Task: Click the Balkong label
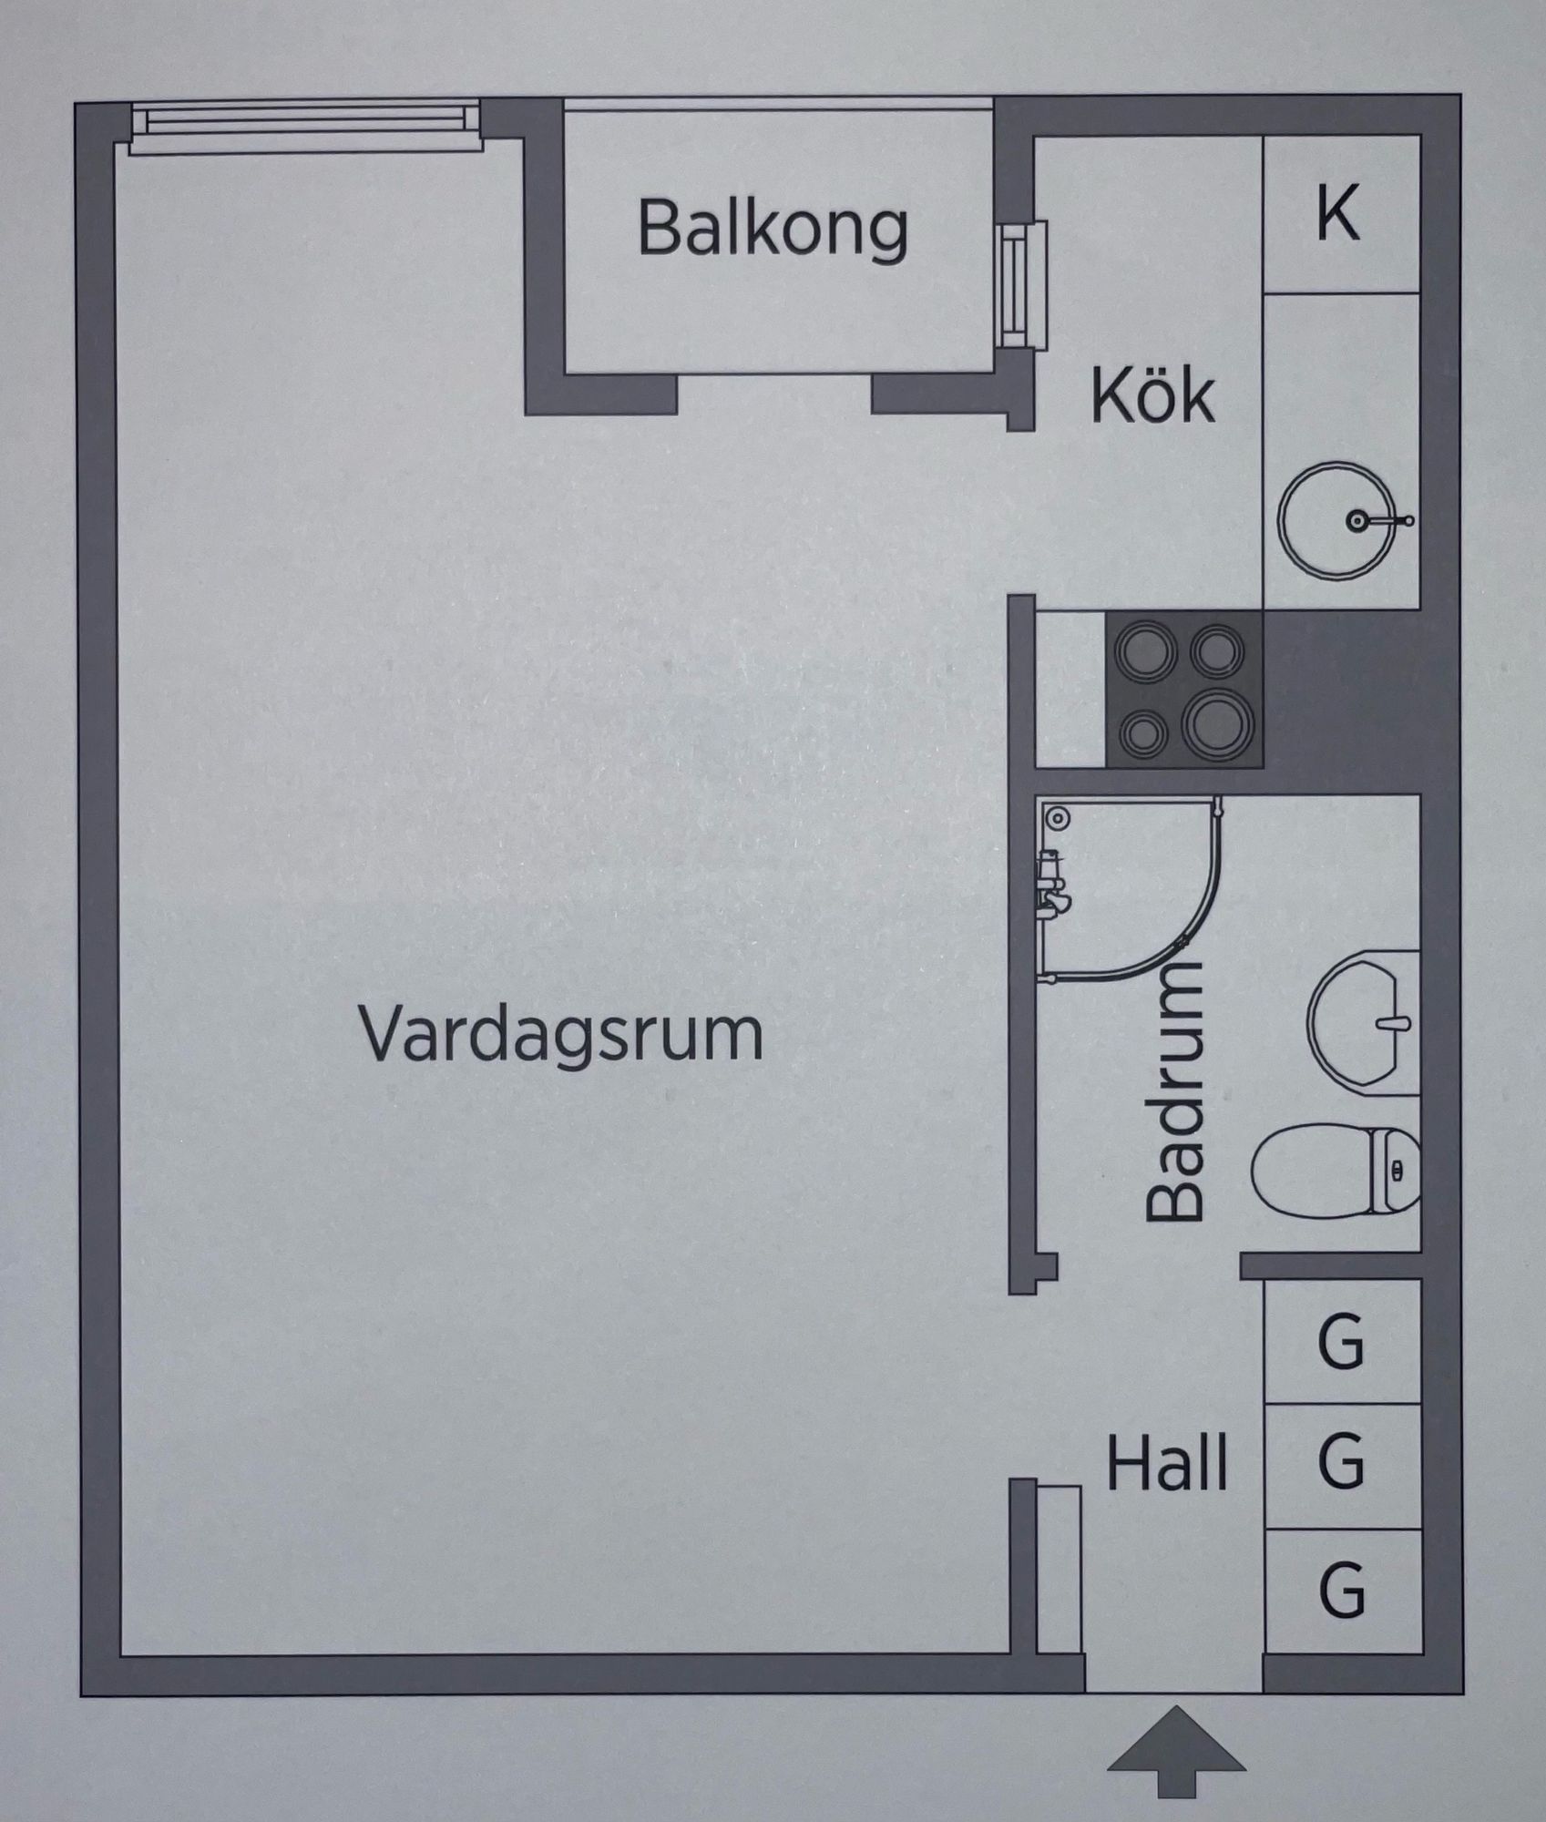pyautogui.click(x=772, y=228)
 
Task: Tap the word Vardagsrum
pyautogui.click(x=561, y=1035)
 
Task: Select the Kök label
pyautogui.click(x=1152, y=396)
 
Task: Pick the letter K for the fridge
pyautogui.click(x=1337, y=214)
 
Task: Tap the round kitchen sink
pyautogui.click(x=1336, y=520)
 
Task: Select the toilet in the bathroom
pyautogui.click(x=1335, y=1171)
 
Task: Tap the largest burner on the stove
pyautogui.click(x=1218, y=725)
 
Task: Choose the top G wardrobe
pyautogui.click(x=1341, y=1341)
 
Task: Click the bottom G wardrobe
pyautogui.click(x=1341, y=1591)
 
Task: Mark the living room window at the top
pyautogui.click(x=304, y=124)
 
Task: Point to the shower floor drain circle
pyautogui.click(x=1057, y=817)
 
